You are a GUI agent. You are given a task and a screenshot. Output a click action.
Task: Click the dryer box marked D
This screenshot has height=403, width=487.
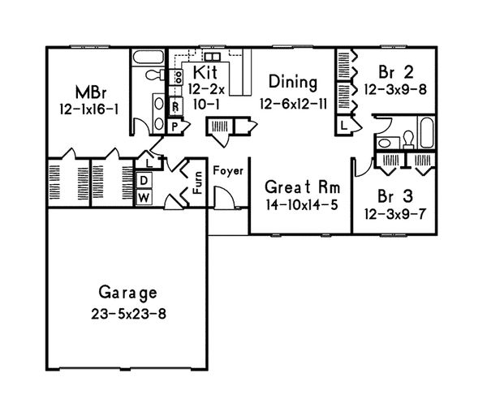[143, 180]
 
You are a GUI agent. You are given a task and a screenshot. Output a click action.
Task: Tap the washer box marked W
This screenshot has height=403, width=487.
[143, 197]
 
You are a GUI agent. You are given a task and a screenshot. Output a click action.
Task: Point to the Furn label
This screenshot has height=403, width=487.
[196, 189]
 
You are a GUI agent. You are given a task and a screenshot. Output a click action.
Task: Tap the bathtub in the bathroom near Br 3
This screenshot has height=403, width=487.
[425, 131]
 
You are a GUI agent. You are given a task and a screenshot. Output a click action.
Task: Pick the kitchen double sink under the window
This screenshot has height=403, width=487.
[211, 58]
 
